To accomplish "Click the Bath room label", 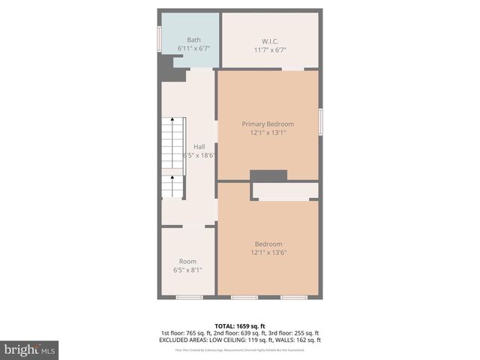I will click(193, 40).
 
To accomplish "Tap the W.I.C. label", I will click(270, 40).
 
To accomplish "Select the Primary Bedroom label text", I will click(268, 124).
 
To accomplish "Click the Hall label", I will click(199, 146).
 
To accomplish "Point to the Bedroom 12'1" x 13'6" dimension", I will click(268, 253).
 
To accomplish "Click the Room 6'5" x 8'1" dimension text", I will click(187, 270).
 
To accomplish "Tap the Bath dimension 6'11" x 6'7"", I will click(193, 49).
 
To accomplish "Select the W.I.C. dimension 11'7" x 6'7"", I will click(270, 49).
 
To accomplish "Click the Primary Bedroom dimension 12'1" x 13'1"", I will click(268, 133).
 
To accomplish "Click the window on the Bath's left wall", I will click(159, 39).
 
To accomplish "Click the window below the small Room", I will click(189, 298).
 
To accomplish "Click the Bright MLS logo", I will click(29, 349).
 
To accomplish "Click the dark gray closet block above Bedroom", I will click(268, 175).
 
